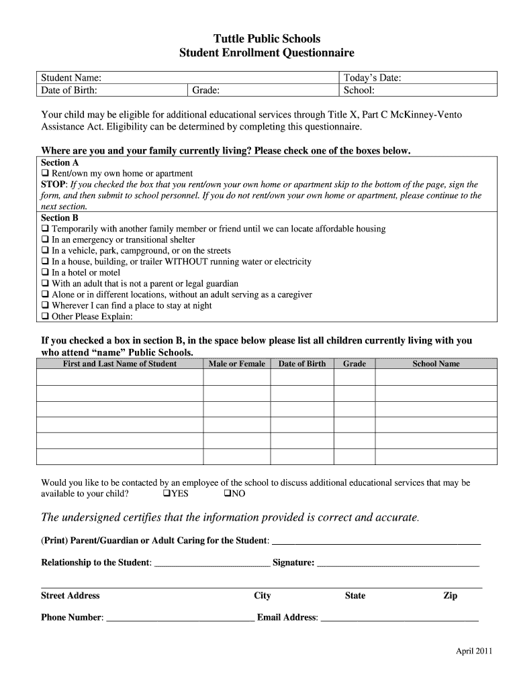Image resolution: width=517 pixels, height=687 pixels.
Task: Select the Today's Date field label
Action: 372,78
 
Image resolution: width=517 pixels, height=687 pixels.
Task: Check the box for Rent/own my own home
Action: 45,174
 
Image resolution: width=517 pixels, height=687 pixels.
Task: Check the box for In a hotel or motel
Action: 45,273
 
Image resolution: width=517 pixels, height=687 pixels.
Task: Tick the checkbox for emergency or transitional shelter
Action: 45,240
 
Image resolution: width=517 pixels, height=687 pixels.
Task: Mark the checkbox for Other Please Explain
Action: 45,317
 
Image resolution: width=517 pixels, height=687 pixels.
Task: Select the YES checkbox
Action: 167,494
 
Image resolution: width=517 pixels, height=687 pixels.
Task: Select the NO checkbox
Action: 227,494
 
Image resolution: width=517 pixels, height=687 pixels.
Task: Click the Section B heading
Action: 60,218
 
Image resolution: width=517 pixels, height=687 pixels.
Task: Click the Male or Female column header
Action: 237,364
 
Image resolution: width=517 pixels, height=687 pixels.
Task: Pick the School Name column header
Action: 436,364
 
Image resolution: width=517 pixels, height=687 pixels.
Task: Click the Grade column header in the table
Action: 355,364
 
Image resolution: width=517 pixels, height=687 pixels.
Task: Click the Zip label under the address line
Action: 450,596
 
